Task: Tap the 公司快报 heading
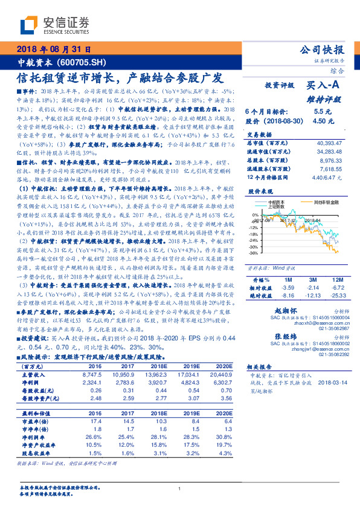tap(321, 51)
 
